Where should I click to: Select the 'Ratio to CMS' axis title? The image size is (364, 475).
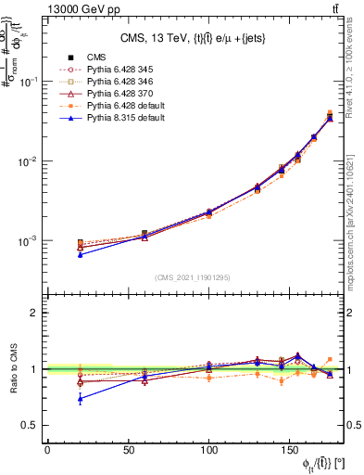pyautogui.click(x=11, y=369)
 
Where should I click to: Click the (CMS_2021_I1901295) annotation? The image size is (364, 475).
pyautogui.click(x=193, y=277)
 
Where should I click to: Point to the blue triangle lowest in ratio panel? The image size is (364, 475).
pyautogui.click(x=81, y=399)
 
